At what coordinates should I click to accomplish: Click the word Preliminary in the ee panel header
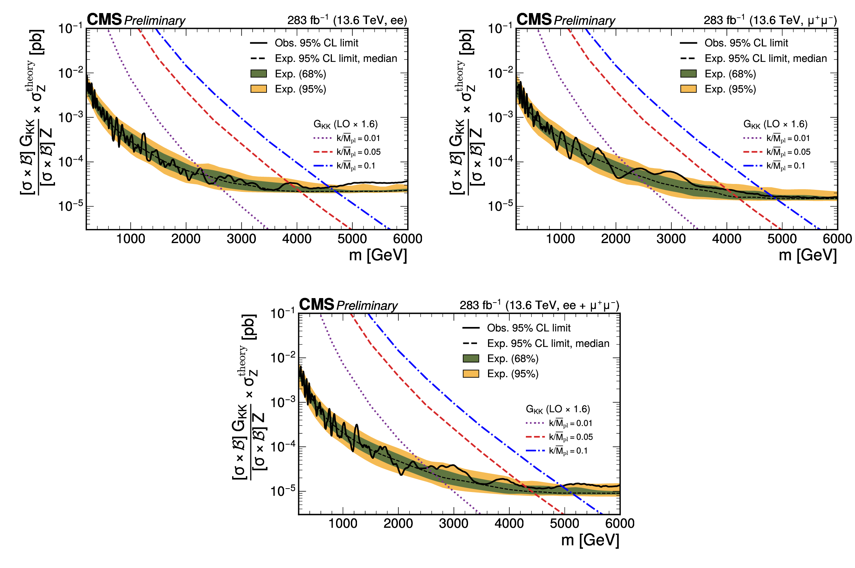pyautogui.click(x=155, y=21)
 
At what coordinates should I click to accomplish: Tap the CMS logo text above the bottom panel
pyautogui.click(x=317, y=304)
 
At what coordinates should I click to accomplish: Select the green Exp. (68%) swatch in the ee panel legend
pyautogui.click(x=259, y=74)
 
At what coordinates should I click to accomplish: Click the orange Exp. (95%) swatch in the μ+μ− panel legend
pyautogui.click(x=688, y=89)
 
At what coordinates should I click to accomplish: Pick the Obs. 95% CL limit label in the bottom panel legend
pyautogui.click(x=529, y=328)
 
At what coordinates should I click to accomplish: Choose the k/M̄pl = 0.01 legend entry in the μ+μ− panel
pyautogui.click(x=788, y=138)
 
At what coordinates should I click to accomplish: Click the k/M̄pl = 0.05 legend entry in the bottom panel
pyautogui.click(x=571, y=437)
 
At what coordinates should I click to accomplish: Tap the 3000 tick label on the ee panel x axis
pyautogui.click(x=241, y=239)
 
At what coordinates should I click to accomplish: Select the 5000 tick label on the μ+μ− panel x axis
pyautogui.click(x=782, y=239)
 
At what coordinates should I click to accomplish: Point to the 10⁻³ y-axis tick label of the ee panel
pyautogui.click(x=71, y=117)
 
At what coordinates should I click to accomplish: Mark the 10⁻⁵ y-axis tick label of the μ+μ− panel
pyautogui.click(x=500, y=205)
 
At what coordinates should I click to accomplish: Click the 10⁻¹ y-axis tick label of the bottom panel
pyautogui.click(x=283, y=313)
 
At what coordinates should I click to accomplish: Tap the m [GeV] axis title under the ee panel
pyautogui.click(x=378, y=255)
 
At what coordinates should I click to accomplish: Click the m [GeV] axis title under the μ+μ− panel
pyautogui.click(x=808, y=255)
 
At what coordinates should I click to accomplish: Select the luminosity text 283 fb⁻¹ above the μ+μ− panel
pyautogui.click(x=724, y=20)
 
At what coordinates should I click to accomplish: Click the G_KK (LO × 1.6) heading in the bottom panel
pyautogui.click(x=558, y=409)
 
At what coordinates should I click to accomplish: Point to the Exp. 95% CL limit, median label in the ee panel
pyautogui.click(x=336, y=58)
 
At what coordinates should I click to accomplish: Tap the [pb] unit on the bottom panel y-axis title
pyautogui.click(x=250, y=327)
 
